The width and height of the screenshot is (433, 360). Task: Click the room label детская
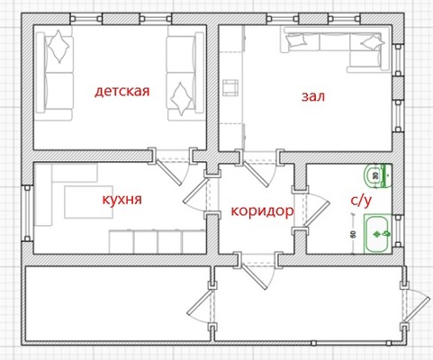click(122, 91)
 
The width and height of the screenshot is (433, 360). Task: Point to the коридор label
click(262, 211)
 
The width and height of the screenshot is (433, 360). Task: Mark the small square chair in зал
click(230, 87)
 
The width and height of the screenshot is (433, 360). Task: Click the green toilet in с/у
click(376, 175)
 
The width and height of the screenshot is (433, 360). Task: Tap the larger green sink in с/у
click(376, 232)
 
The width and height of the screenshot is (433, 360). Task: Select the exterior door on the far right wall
click(416, 301)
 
